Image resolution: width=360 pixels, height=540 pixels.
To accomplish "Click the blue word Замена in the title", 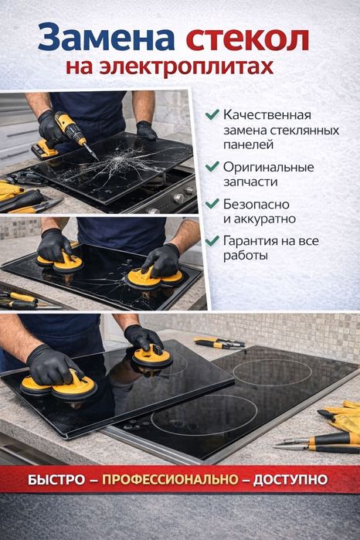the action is pos(106,38).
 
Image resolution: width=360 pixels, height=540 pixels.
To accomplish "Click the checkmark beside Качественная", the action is pos(212,114).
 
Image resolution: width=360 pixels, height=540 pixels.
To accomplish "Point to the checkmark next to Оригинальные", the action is pos(212,166).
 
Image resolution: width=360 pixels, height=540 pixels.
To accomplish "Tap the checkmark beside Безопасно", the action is pos(212,203).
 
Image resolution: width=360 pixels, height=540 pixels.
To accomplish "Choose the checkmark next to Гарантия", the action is pos(212,240).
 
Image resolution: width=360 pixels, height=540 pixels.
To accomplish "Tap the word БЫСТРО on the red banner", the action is pos(56,480).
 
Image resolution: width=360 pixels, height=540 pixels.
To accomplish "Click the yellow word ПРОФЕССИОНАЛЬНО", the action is pos(170,480).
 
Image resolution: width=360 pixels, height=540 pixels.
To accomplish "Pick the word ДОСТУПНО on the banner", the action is pos(290,480).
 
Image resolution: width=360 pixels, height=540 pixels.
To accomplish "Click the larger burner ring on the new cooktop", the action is pos(204,414).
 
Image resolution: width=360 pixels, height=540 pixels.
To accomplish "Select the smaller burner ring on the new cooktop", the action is pos(272,373).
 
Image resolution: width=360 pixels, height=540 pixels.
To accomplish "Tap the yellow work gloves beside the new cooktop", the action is pos(341,416).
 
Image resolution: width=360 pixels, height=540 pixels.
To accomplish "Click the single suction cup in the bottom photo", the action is pos(152,357).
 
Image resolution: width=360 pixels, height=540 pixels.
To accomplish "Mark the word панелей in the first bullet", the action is pos(249,145).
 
